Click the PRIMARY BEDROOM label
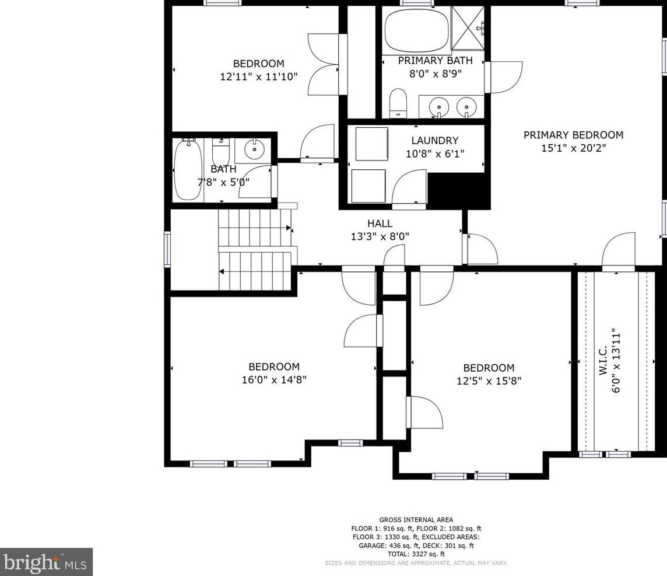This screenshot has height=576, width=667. click(x=573, y=135)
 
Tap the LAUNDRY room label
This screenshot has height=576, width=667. click(x=434, y=141)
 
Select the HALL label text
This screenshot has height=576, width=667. click(x=380, y=224)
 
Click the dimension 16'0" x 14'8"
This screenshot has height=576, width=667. click(x=274, y=379)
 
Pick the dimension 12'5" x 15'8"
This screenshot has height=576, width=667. click(x=489, y=380)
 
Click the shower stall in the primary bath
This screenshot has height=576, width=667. click(x=468, y=28)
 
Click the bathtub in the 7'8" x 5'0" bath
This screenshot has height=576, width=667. click(x=188, y=169)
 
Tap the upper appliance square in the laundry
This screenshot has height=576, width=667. click(x=371, y=144)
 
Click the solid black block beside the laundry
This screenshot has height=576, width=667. click(x=458, y=190)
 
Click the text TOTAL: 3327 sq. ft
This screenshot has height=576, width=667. click(x=416, y=554)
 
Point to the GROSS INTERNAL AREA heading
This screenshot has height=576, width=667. click(x=416, y=519)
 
